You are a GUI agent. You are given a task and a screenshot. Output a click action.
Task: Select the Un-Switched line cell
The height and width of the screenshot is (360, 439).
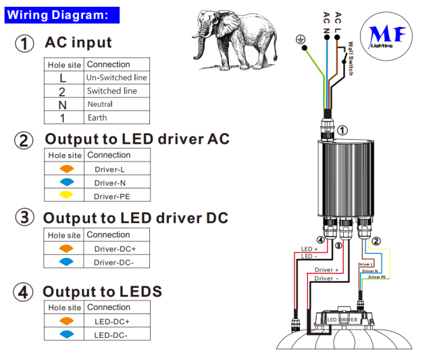(116, 78)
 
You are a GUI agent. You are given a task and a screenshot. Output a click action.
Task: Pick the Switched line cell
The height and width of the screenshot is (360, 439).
(112, 91)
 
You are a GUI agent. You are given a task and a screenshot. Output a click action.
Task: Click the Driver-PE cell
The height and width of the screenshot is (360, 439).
(112, 197)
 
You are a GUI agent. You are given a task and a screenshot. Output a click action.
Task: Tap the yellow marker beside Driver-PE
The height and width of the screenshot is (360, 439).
(66, 196)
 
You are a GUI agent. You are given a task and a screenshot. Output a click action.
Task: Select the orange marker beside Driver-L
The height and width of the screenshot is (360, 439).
(66, 169)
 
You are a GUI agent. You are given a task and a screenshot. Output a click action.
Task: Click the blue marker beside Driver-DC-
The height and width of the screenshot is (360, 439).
(66, 262)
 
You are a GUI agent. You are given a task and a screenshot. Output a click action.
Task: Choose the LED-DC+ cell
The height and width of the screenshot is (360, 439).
(112, 322)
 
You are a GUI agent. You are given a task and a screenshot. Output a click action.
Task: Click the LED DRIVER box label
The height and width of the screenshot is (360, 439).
(342, 319)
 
